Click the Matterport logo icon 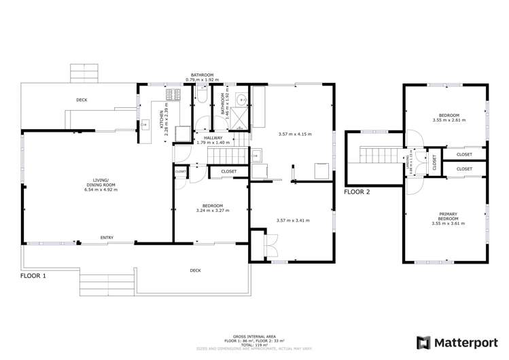(x=425, y=342)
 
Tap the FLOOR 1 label (x=33, y=276)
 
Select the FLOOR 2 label (x=357, y=192)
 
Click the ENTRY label (x=107, y=237)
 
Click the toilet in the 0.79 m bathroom (x=202, y=98)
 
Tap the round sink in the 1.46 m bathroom (x=242, y=98)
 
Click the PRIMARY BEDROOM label (x=445, y=217)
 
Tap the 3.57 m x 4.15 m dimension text (x=294, y=134)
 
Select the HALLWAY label (x=213, y=137)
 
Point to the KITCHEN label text (x=162, y=120)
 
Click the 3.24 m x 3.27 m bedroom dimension (x=213, y=210)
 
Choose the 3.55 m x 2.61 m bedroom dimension (x=449, y=120)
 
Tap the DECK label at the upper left (x=82, y=100)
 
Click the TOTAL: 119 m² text (x=253, y=345)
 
